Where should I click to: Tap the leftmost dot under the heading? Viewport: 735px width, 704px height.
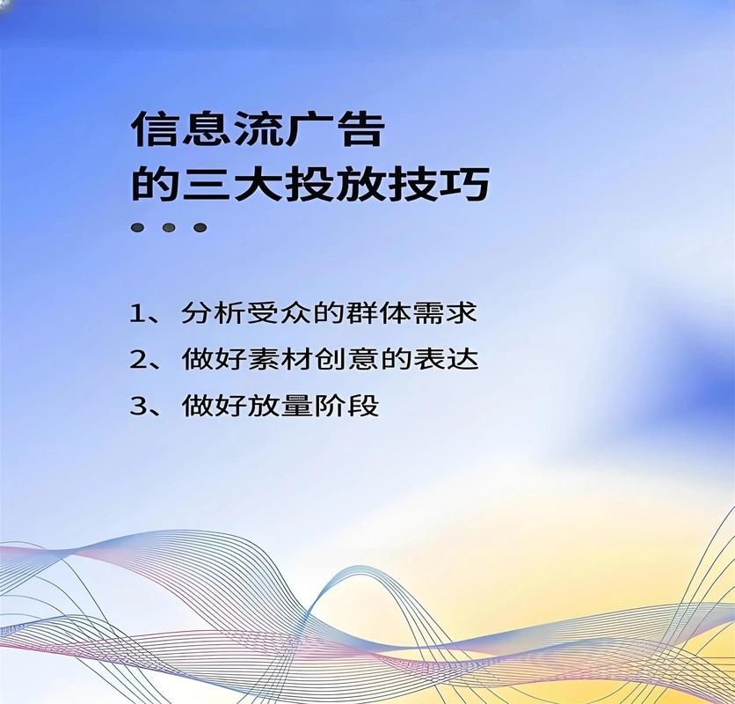point(138,228)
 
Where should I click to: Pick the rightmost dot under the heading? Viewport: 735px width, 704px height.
point(200,228)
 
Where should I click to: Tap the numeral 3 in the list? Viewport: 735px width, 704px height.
point(136,407)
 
